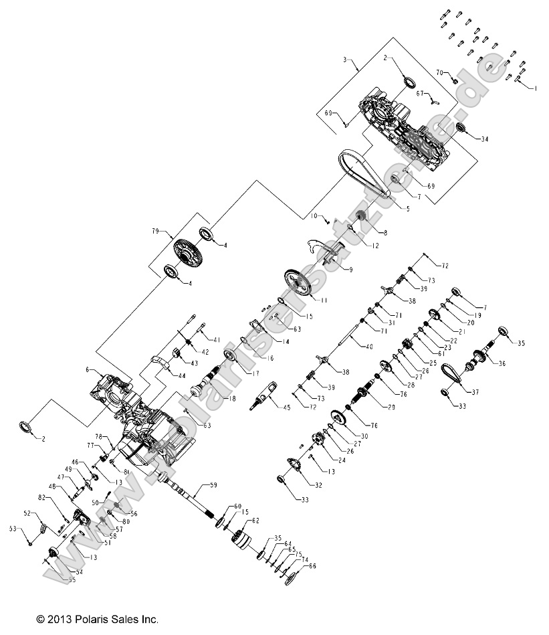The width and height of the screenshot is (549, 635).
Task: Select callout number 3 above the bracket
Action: point(344,60)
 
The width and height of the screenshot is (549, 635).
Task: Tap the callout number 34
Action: point(484,139)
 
